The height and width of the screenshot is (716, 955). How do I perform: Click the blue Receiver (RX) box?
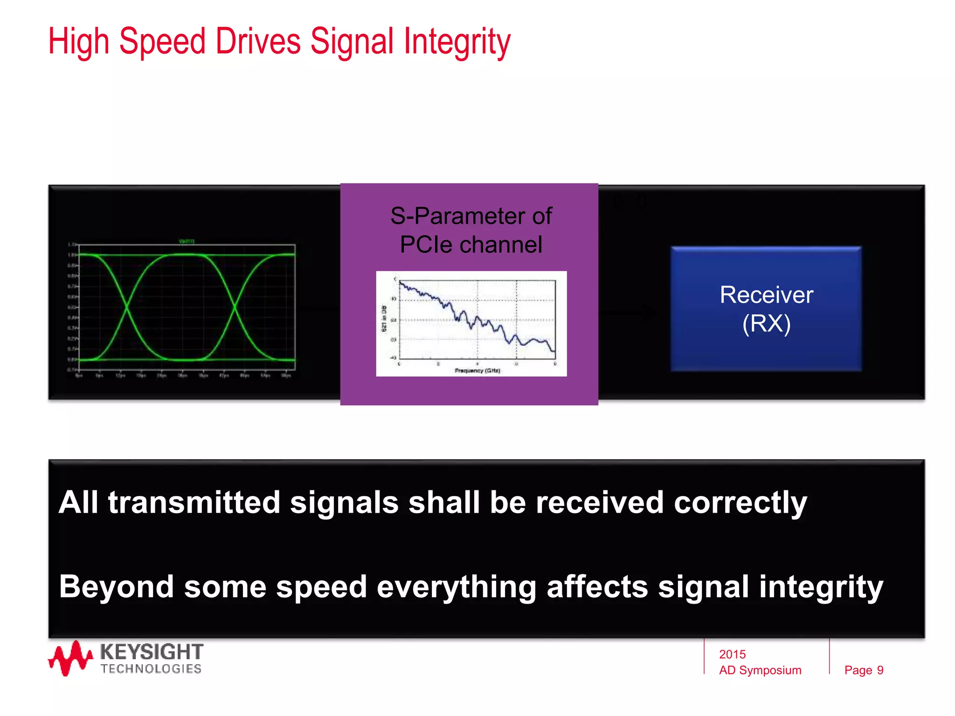click(766, 309)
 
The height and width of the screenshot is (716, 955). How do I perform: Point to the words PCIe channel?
click(471, 245)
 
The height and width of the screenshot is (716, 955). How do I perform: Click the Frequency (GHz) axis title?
click(477, 371)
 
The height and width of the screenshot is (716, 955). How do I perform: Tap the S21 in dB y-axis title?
click(384, 318)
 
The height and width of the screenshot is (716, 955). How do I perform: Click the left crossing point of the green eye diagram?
click(127, 307)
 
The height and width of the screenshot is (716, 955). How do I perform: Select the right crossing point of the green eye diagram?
click(235, 307)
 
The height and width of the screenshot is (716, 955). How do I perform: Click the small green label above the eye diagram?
click(187, 241)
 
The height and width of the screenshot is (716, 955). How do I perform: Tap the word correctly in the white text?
click(740, 503)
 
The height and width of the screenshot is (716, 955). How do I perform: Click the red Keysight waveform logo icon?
click(70, 658)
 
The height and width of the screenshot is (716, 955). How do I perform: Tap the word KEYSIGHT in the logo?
click(152, 652)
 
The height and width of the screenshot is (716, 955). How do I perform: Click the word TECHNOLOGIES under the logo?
click(151, 669)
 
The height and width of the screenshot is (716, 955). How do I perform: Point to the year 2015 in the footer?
click(732, 654)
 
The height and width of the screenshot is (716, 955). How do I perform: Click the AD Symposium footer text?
click(760, 670)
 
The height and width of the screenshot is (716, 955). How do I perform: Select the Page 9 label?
click(864, 670)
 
